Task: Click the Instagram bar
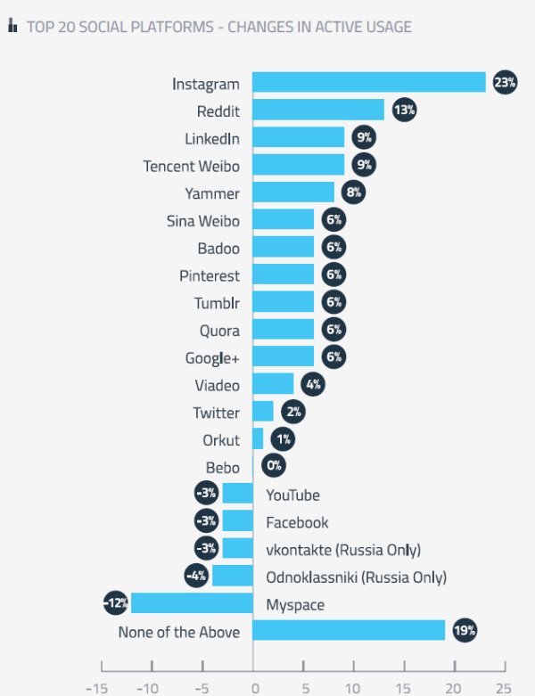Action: (x=368, y=83)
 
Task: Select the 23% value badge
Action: (x=506, y=83)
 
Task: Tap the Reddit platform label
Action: (x=218, y=111)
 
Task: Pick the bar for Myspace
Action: (x=192, y=604)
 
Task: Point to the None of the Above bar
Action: (x=349, y=631)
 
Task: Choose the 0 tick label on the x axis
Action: (x=253, y=687)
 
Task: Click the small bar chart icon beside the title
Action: (x=13, y=27)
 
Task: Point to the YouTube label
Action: (x=292, y=495)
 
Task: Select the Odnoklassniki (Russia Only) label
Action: (x=356, y=577)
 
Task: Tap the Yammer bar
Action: (x=293, y=192)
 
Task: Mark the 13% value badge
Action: (x=404, y=111)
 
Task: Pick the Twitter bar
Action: (x=263, y=412)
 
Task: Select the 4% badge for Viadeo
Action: (x=312, y=385)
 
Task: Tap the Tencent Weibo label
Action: (x=191, y=166)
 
